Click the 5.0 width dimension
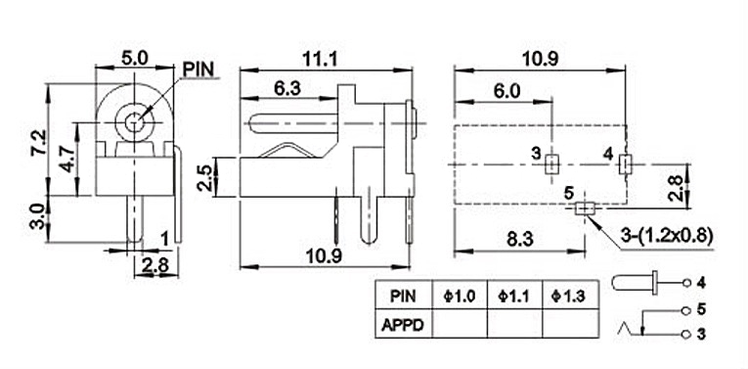point(135,59)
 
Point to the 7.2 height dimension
point(38,142)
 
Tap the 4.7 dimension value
point(66,159)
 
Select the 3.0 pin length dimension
point(38,217)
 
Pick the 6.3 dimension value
point(286,88)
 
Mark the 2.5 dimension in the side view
point(204,177)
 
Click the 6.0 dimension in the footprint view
point(506,91)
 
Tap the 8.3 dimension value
point(518,238)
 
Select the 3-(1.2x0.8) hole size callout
point(668,235)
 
